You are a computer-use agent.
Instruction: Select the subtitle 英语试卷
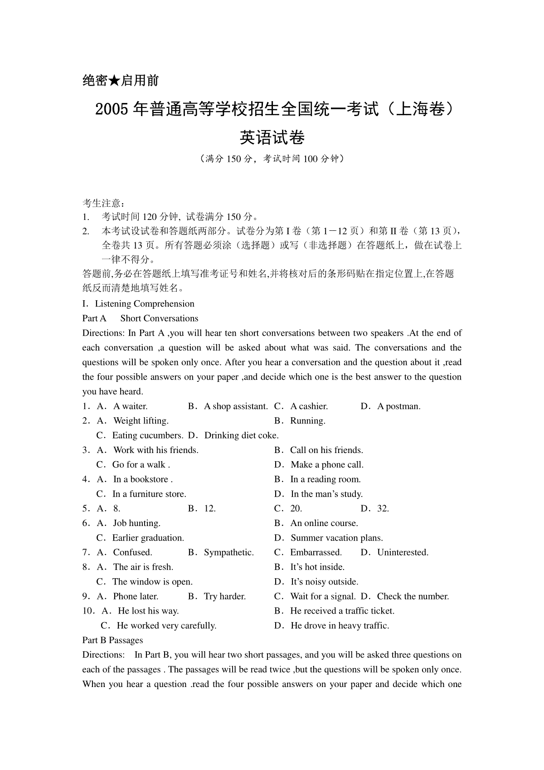tap(272, 137)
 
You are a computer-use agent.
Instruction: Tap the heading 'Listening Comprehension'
tap(145, 304)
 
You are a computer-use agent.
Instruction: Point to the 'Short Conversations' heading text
tap(159, 318)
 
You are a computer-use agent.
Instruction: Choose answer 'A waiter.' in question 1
tap(130, 406)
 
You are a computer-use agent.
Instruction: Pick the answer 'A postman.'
tap(398, 406)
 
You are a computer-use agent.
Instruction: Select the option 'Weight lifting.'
tap(141, 421)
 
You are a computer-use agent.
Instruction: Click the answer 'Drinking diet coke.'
tap(241, 435)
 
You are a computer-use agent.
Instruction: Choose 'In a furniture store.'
tap(149, 494)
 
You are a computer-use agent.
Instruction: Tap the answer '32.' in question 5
tap(383, 508)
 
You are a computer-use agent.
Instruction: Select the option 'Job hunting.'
tap(136, 523)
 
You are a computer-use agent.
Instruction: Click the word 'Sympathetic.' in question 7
tap(228, 552)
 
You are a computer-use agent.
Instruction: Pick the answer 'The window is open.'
tap(152, 582)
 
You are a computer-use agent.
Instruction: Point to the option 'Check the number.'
tap(413, 596)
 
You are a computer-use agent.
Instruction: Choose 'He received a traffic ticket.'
tap(342, 611)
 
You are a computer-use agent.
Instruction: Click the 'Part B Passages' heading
tap(112, 640)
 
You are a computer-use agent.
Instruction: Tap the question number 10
tap(87, 611)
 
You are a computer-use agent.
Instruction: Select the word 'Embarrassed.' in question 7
tap(316, 552)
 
